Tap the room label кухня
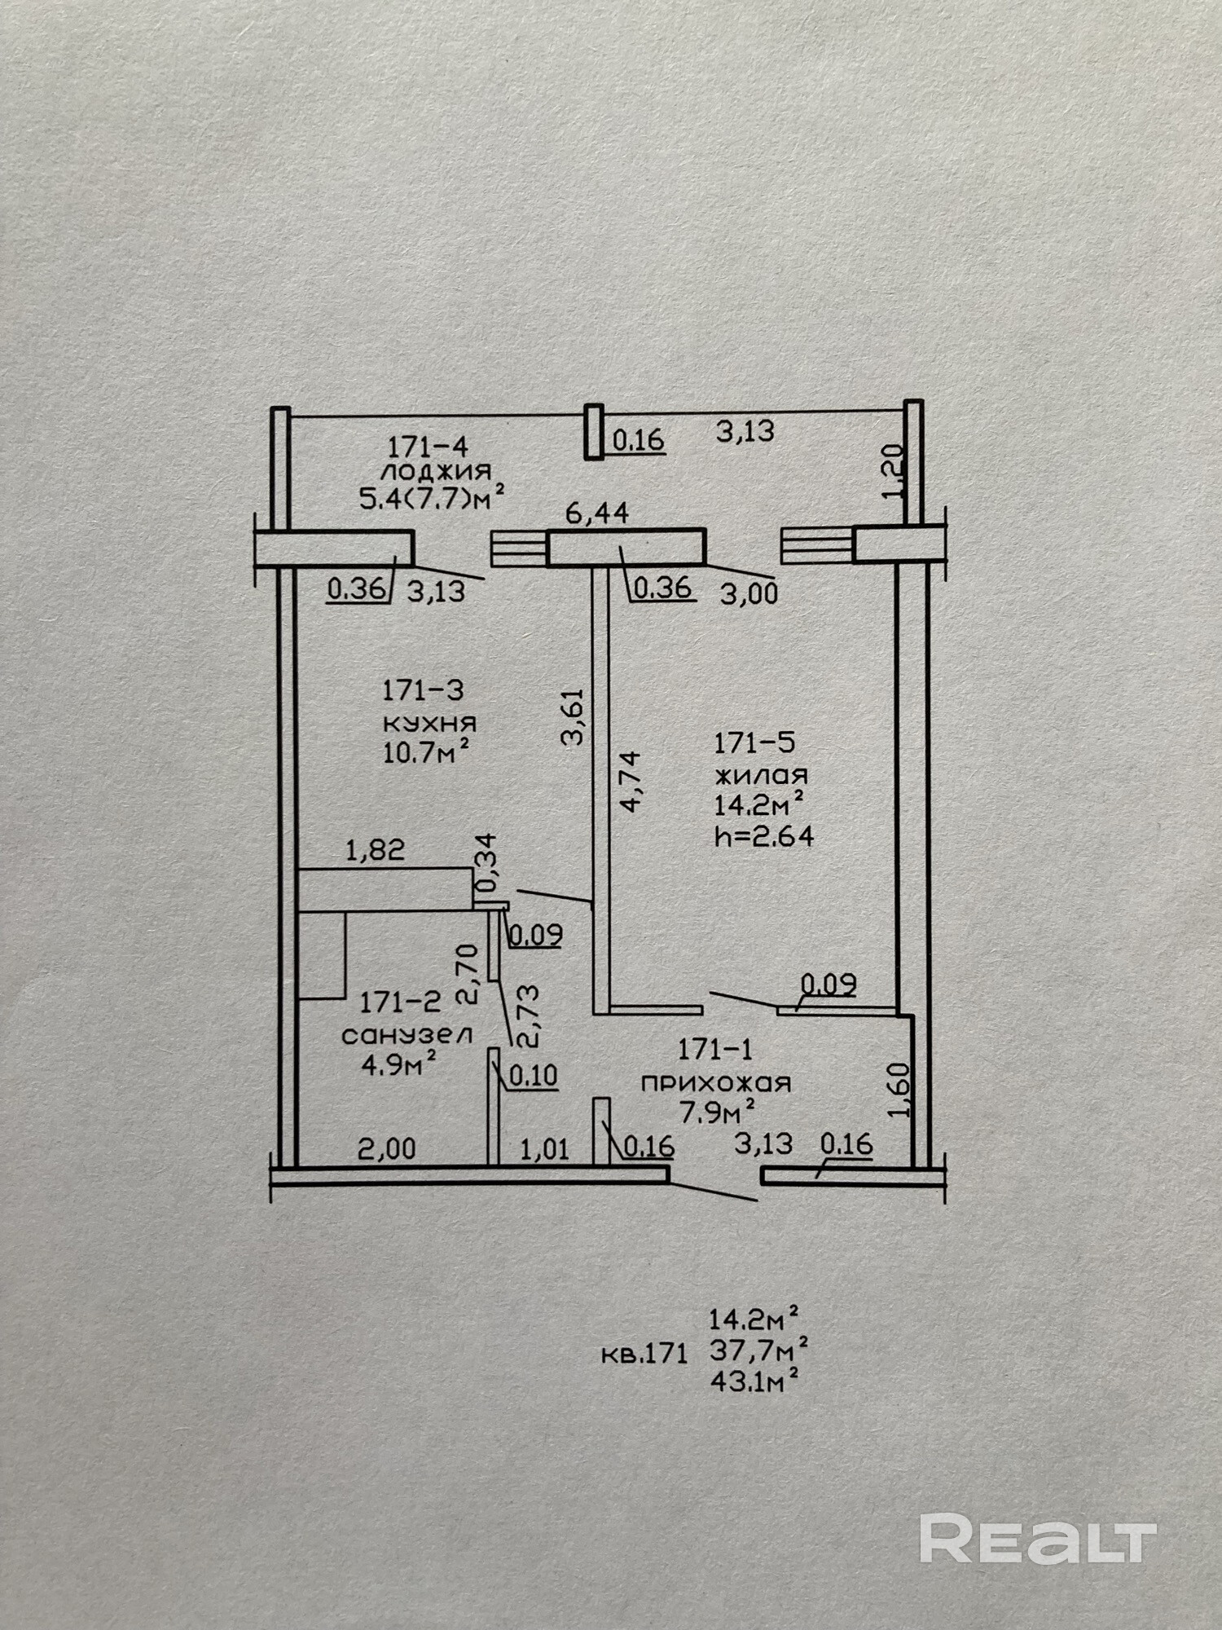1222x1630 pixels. point(429,722)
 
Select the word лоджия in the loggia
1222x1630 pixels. point(437,471)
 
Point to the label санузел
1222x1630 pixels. point(407,1035)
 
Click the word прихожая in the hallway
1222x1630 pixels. point(715,1083)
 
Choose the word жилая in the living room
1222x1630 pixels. point(760,775)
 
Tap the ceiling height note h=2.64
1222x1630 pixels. point(763,836)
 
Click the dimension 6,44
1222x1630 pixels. point(598,513)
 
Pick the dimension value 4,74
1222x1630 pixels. point(631,781)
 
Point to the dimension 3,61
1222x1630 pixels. point(574,716)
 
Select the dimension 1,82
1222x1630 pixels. point(375,850)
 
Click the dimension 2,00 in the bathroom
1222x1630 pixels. point(387,1149)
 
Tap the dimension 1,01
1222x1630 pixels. point(544,1149)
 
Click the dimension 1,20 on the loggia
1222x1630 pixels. point(894,471)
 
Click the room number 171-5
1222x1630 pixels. point(754,743)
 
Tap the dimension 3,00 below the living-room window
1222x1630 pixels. point(749,593)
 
